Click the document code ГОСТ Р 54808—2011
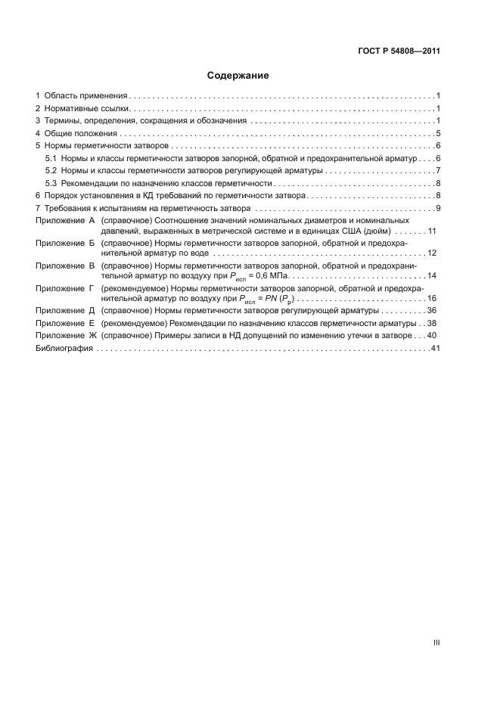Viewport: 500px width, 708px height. click(x=398, y=51)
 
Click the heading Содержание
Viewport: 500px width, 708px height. click(x=238, y=76)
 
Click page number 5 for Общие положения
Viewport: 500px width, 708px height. click(x=438, y=133)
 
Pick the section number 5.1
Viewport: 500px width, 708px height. click(x=51, y=158)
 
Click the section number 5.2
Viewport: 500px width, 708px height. click(x=51, y=170)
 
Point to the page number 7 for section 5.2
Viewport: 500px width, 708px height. click(x=438, y=170)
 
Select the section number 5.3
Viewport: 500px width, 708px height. click(x=51, y=183)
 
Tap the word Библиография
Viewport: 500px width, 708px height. click(x=64, y=348)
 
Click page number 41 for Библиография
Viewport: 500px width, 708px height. click(x=435, y=348)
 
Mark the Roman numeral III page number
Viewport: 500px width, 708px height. click(x=436, y=642)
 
